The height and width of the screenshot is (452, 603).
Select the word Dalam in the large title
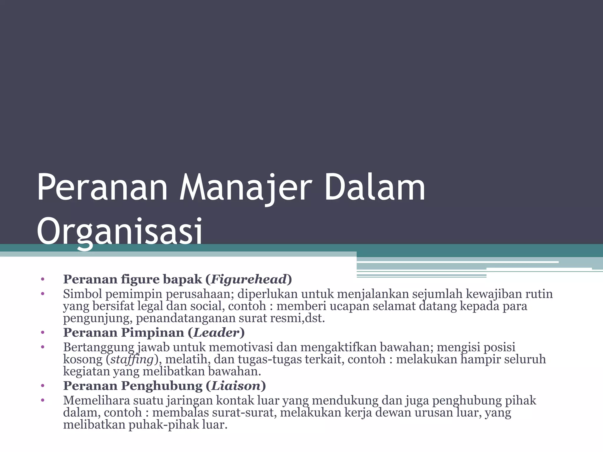375,188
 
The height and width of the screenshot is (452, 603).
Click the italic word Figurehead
249,279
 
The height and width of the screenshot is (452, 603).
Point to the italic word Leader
216,333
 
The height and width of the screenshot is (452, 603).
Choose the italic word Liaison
236,386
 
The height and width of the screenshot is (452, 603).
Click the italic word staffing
132,359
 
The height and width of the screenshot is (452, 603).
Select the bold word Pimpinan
153,333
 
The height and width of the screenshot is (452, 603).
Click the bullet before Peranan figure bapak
43,279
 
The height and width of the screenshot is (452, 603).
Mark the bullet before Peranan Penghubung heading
43,386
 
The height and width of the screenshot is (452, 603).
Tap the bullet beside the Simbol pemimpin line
43,294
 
